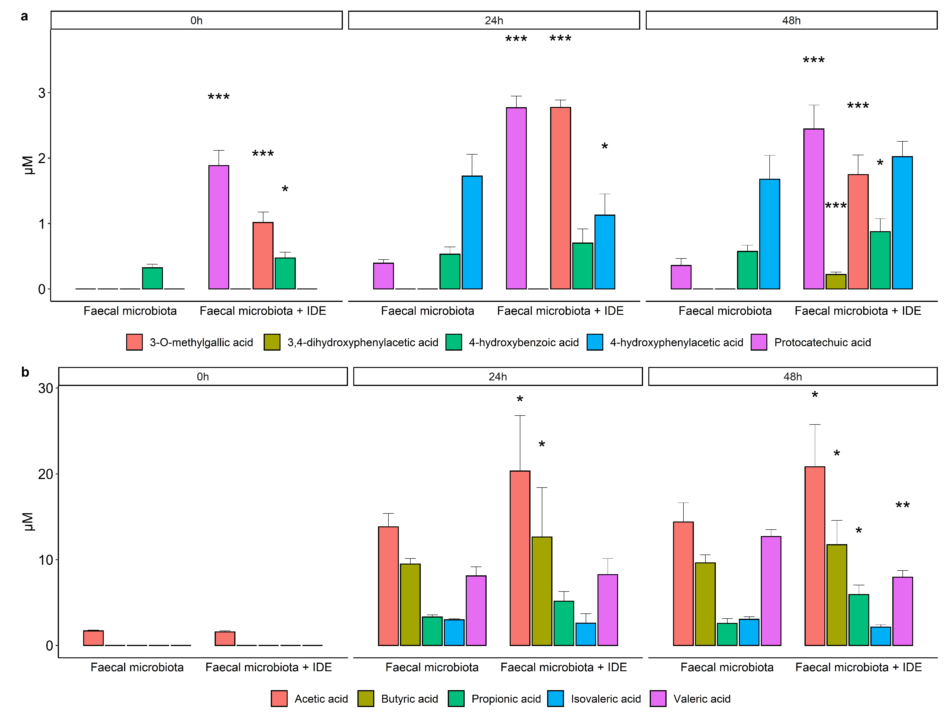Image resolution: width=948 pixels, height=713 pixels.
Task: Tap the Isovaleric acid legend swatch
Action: click(555, 698)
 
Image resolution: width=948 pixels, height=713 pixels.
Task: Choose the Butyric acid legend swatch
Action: click(366, 698)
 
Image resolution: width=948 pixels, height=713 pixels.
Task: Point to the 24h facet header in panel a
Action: click(494, 20)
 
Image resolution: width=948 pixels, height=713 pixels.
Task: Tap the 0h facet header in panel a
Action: click(197, 20)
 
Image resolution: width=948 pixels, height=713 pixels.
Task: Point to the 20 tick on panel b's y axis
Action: click(46, 474)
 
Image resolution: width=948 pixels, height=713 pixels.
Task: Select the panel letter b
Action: click(25, 372)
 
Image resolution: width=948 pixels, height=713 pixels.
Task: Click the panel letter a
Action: click(24, 16)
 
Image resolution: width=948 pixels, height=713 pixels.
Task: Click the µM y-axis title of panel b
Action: click(28, 522)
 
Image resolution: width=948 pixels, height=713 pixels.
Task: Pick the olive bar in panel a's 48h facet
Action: click(836, 282)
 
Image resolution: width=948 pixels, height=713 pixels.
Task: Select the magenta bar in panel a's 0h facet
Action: click(219, 227)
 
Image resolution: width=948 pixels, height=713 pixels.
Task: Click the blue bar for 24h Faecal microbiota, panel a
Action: click(472, 233)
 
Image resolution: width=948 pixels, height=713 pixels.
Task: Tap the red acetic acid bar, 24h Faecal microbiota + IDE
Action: click(520, 558)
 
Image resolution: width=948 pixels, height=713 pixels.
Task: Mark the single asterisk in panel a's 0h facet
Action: click(285, 189)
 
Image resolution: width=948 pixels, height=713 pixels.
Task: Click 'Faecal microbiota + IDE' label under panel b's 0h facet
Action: click(269, 667)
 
